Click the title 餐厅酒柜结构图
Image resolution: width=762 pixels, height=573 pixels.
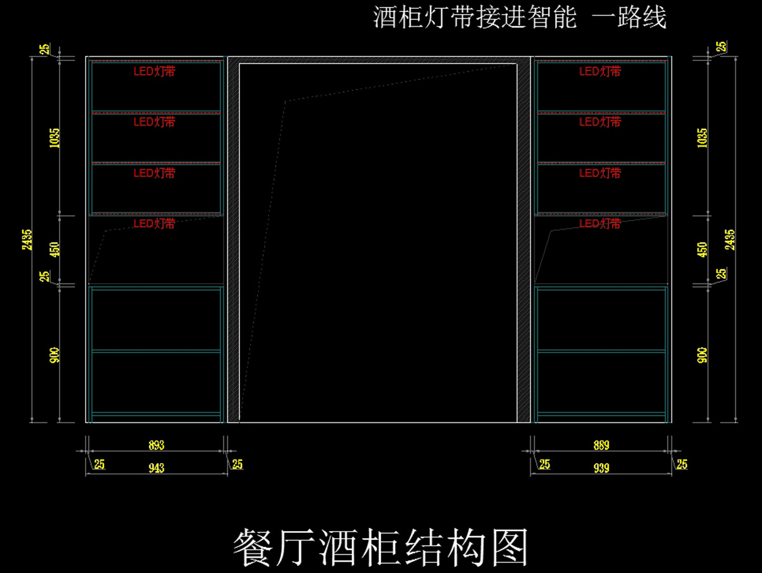[x=381, y=548]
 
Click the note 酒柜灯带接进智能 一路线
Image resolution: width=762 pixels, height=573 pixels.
[x=519, y=18]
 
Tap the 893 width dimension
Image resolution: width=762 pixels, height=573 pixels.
[x=156, y=445]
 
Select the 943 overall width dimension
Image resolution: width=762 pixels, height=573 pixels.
[x=156, y=468]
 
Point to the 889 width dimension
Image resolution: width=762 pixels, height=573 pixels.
[x=601, y=445]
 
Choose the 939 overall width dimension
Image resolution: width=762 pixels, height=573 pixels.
[x=601, y=468]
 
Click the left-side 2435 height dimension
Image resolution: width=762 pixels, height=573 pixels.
[x=27, y=239]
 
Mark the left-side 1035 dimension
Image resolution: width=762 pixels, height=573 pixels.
[x=55, y=137]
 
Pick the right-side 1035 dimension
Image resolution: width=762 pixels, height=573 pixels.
[x=702, y=137]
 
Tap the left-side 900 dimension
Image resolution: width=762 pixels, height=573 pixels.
[x=55, y=354]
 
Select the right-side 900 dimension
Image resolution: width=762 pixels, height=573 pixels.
[x=702, y=354]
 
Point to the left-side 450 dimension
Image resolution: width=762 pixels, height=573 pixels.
[x=55, y=249]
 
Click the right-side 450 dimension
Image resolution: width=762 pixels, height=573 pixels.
[x=702, y=249]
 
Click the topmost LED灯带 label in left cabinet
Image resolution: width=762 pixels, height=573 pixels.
[x=154, y=72]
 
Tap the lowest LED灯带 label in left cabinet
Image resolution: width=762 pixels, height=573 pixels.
[x=154, y=224]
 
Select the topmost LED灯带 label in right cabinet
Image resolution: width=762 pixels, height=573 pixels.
[x=600, y=72]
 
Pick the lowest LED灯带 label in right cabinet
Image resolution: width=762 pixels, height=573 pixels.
[x=600, y=224]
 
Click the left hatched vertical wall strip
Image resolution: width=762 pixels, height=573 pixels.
[x=234, y=241]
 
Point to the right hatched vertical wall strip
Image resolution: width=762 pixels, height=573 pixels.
[x=524, y=241]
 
